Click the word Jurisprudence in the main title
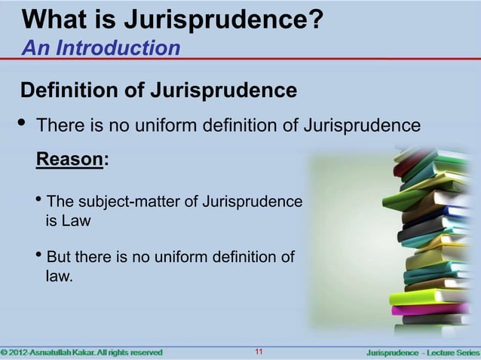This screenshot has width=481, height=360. (227, 17)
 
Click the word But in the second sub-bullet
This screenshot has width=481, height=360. (60, 258)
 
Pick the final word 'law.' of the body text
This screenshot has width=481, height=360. (60, 277)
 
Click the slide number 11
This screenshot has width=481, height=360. (259, 352)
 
